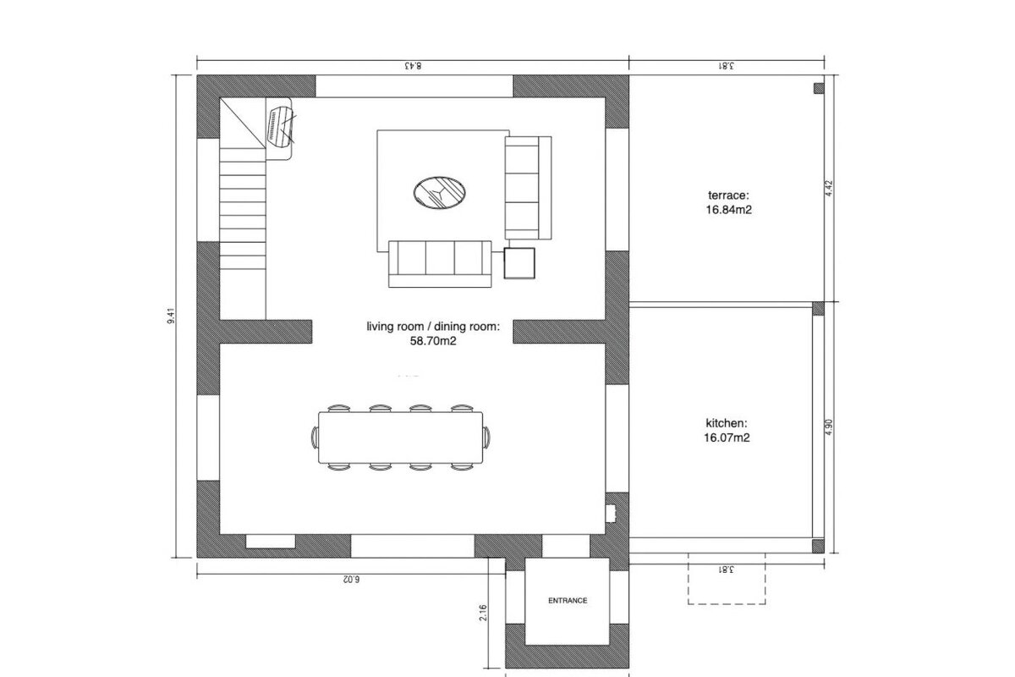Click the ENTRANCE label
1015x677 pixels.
[x=568, y=600]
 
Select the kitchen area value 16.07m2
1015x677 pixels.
[x=728, y=438]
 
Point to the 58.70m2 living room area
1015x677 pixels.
[x=434, y=343]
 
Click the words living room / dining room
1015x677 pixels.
[x=433, y=326]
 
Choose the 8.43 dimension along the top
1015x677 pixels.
[x=413, y=65]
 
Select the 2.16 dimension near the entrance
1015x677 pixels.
[x=483, y=614]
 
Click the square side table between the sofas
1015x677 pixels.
[x=519, y=263]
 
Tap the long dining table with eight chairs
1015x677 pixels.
[x=401, y=438]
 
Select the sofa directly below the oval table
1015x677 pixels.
[x=440, y=262]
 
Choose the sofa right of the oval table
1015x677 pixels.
[x=527, y=188]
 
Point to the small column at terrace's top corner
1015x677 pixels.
[x=819, y=87]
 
